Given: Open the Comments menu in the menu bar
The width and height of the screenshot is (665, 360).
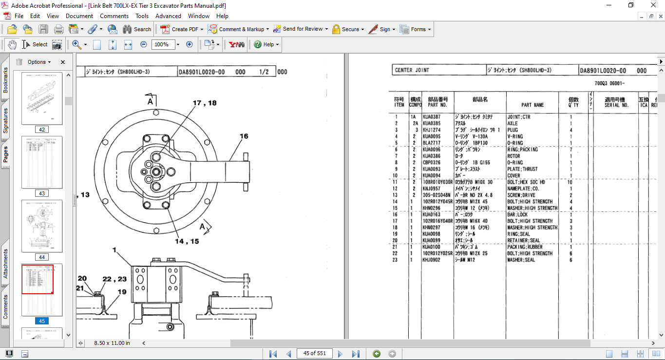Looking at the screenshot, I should point(114,16).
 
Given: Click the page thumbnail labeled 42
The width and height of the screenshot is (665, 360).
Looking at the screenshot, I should point(42,99).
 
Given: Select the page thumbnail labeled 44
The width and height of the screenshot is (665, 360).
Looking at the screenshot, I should point(42,226).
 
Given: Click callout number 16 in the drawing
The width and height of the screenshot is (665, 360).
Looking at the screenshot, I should point(244,136).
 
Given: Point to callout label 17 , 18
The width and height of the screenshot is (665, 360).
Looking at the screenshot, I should point(205,103).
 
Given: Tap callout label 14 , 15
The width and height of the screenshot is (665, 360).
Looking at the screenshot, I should point(187,241).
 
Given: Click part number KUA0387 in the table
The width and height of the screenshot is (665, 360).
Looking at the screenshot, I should point(432,117).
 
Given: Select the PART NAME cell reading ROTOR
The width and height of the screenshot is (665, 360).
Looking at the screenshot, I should point(513,156).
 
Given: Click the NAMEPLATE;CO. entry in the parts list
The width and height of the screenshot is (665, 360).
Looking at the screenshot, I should point(523,189).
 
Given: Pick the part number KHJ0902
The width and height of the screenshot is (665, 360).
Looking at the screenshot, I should point(432,260).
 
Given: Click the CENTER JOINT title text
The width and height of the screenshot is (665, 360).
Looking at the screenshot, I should point(412,70).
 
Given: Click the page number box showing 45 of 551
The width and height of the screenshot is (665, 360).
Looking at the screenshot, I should point(314,354).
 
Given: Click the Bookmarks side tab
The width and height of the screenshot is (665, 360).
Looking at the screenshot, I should point(6,80).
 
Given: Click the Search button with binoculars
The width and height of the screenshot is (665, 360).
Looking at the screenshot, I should point(137,29).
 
